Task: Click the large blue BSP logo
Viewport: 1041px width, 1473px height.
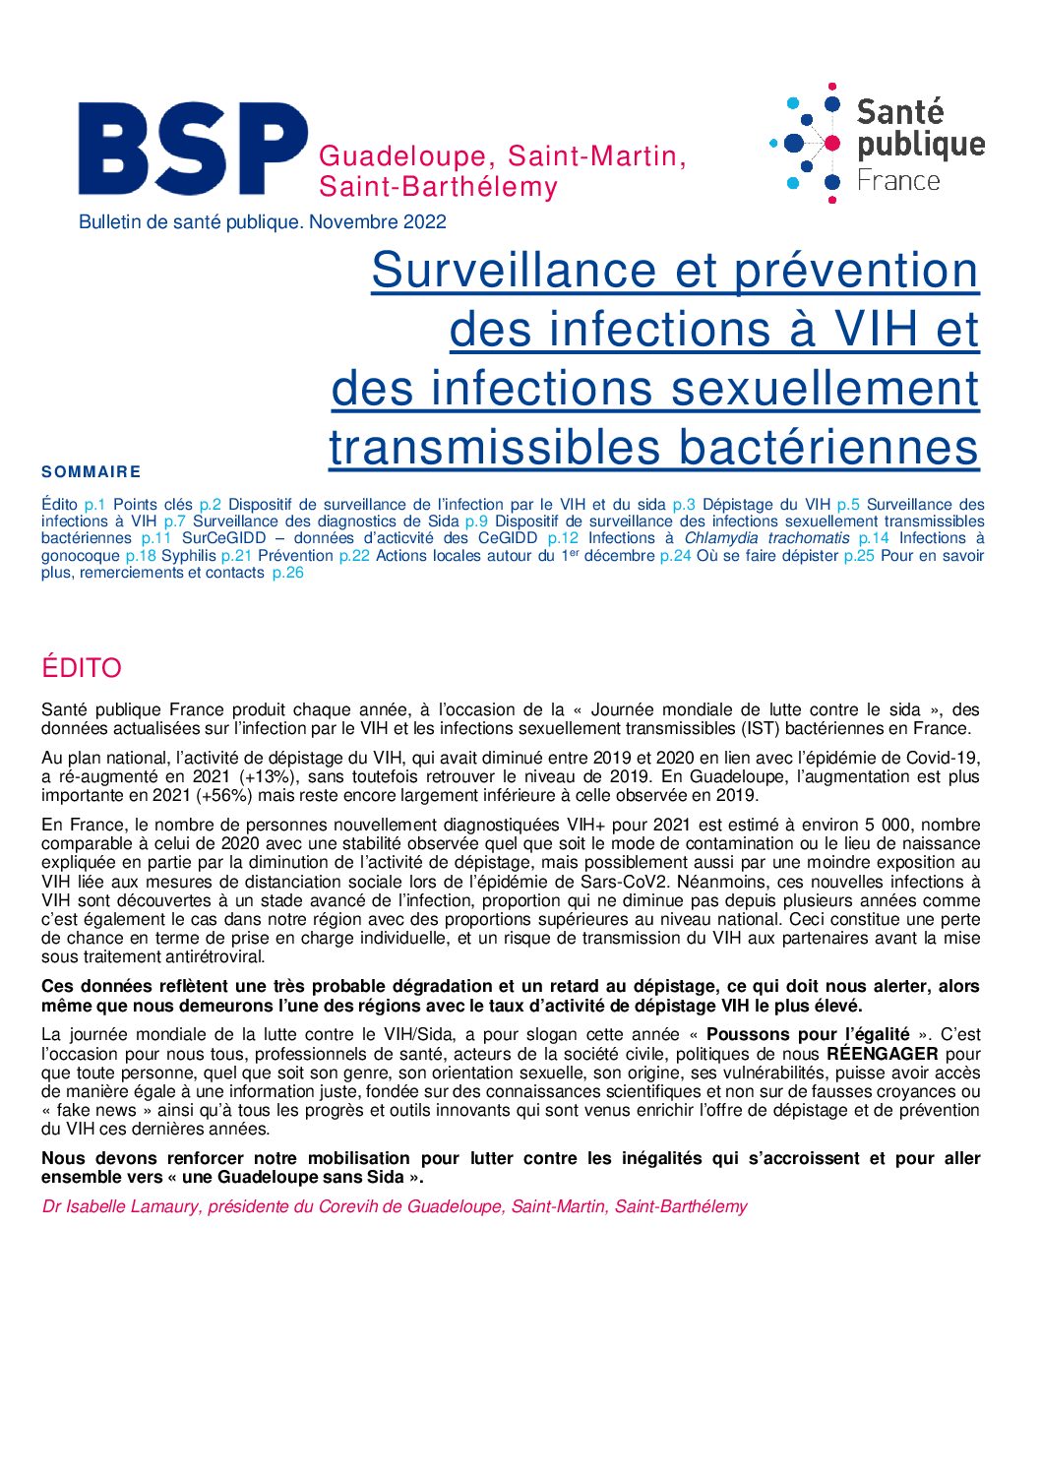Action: tap(192, 149)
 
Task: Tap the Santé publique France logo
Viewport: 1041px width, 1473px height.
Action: tap(877, 144)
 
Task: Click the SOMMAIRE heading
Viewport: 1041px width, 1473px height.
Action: tap(92, 472)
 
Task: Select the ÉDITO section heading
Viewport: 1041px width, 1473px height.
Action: tap(82, 668)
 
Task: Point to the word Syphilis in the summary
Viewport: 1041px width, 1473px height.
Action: tap(188, 556)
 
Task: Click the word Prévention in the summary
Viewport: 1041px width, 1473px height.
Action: tap(295, 556)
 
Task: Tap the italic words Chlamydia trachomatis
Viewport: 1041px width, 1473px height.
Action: tap(766, 538)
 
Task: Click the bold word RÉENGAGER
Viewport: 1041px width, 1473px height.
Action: tap(882, 1054)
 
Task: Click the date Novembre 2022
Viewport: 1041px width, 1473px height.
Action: tap(378, 222)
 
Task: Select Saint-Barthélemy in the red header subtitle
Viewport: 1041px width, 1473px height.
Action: tap(438, 187)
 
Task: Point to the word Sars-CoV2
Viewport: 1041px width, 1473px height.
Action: tap(624, 882)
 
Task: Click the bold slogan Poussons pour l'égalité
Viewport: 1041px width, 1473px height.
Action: tap(808, 1034)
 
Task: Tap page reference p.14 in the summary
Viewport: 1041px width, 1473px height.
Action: tap(873, 538)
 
